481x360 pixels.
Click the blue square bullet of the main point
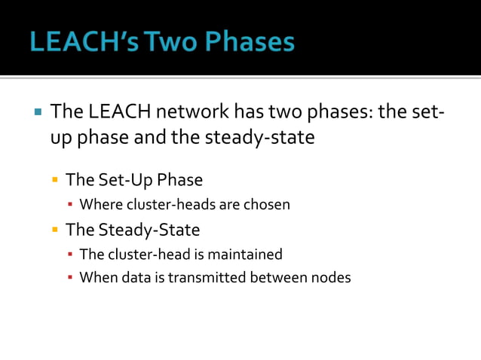click(37, 114)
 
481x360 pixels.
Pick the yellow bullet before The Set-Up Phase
click(55, 181)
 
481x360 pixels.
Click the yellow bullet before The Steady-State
click(55, 230)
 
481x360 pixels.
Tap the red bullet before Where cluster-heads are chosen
click(70, 205)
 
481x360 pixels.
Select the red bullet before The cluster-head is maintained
click(70, 255)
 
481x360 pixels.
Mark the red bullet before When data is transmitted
click(70, 278)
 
